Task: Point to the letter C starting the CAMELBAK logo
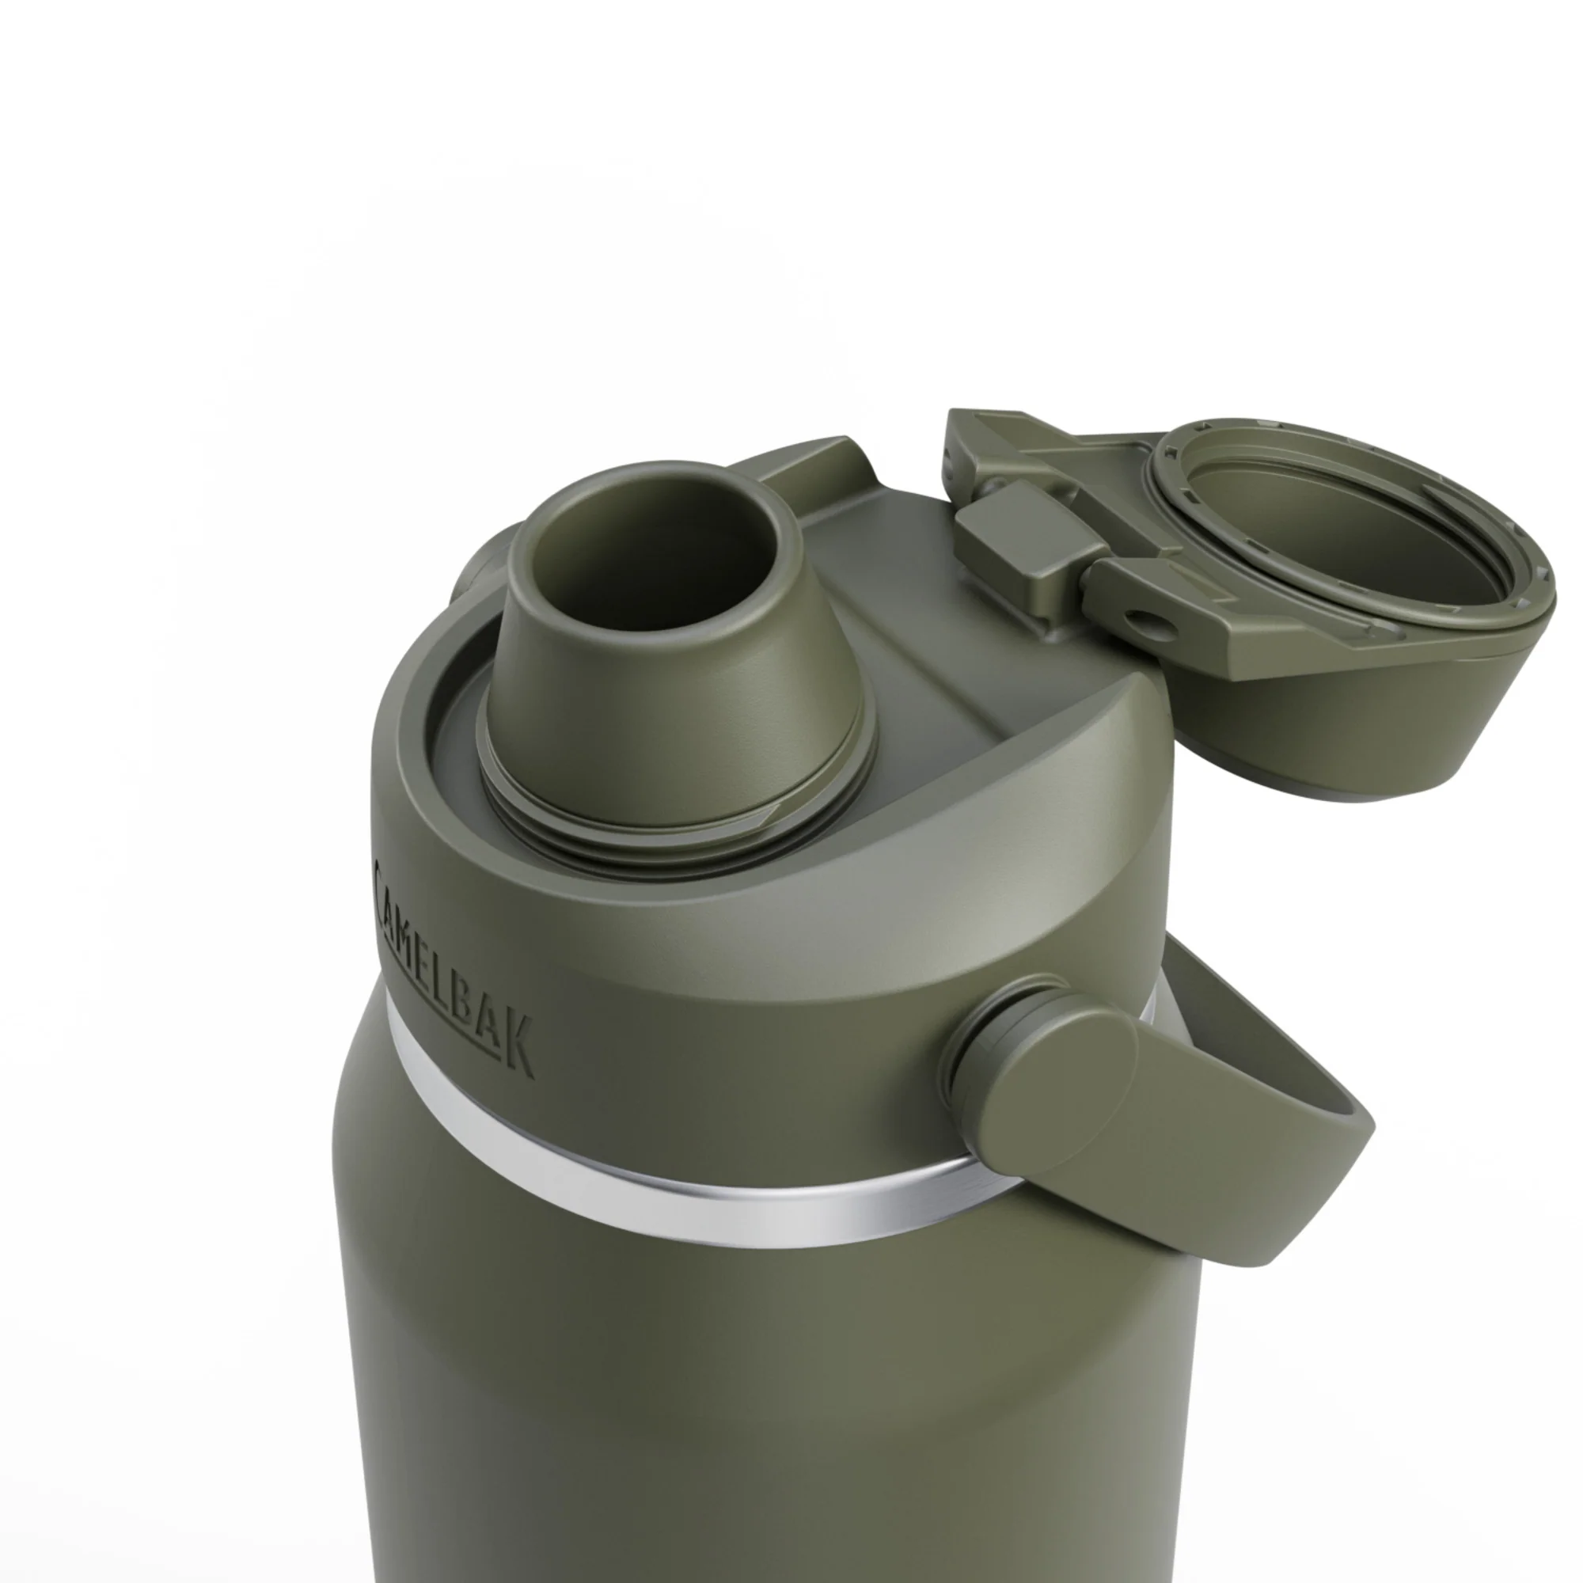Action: [x=382, y=879]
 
